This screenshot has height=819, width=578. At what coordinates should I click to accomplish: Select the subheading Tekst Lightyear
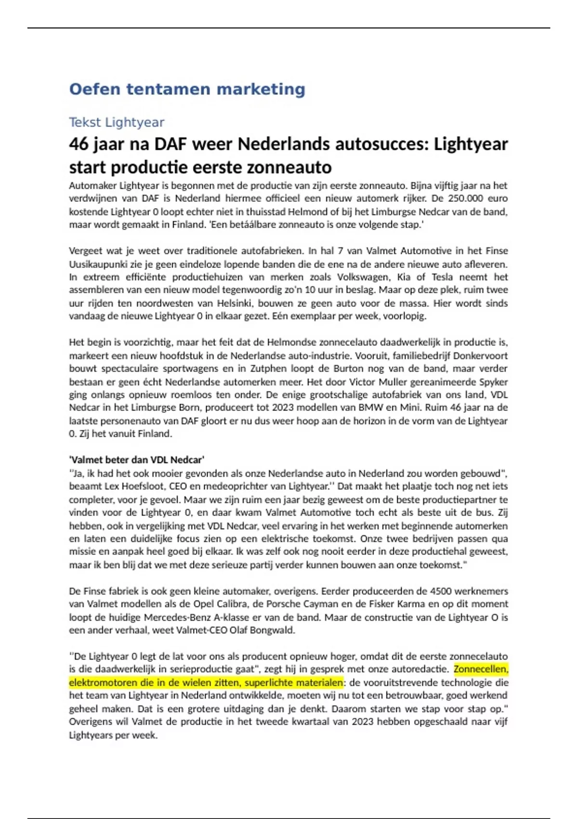tap(117, 122)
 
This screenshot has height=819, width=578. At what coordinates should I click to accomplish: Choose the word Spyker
tap(493, 382)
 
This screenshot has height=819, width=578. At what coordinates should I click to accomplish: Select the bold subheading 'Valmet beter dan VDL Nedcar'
tap(137, 460)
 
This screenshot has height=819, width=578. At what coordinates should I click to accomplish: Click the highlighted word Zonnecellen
tap(481, 669)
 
